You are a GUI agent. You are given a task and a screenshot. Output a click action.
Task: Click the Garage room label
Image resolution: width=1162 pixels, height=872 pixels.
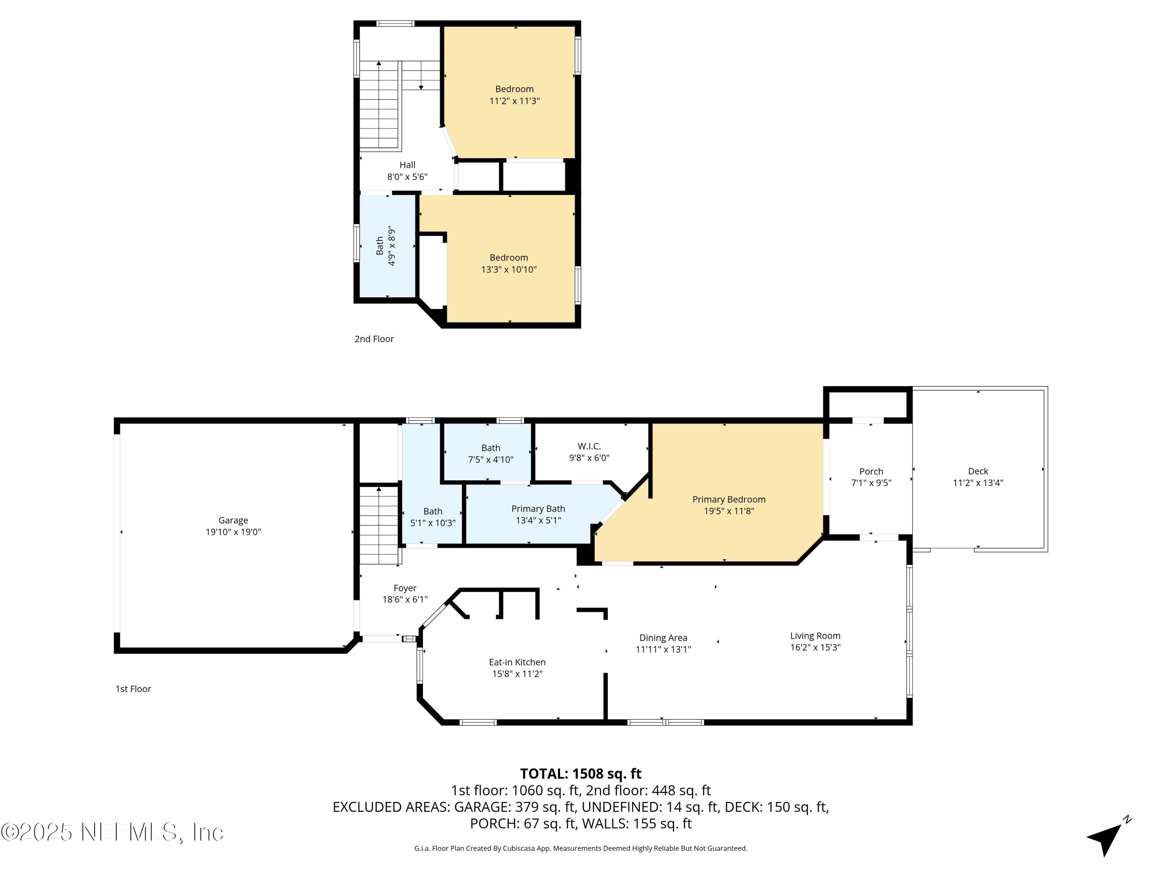(233, 520)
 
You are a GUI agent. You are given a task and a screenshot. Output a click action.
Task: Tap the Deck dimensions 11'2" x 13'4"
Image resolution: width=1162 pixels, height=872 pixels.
(978, 483)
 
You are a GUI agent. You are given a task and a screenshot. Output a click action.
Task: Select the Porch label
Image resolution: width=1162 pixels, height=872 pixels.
(871, 472)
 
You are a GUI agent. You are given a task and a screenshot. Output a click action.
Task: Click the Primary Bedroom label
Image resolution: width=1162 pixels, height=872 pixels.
(729, 499)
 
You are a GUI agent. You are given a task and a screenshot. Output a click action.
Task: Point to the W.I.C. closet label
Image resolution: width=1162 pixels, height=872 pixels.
(589, 446)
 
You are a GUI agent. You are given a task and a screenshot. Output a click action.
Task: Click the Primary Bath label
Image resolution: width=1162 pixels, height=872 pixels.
(538, 509)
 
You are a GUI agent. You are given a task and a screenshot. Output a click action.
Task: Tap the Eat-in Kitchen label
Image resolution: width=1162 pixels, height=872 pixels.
(517, 662)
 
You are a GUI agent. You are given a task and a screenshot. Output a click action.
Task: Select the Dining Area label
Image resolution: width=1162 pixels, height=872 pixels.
(663, 638)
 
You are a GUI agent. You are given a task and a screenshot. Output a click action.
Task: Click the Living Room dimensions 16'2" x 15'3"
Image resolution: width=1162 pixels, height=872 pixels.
(815, 648)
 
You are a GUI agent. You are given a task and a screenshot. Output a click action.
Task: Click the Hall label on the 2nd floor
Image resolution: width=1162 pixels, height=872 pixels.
(407, 165)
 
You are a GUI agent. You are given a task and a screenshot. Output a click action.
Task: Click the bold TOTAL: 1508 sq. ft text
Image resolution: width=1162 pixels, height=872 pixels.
(581, 774)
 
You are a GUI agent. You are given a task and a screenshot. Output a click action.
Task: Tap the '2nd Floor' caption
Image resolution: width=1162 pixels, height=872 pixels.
(374, 339)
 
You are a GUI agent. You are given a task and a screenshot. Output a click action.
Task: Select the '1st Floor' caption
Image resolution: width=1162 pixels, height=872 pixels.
(133, 689)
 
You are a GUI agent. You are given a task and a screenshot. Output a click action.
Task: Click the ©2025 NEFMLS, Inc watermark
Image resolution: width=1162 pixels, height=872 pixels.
(112, 832)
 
